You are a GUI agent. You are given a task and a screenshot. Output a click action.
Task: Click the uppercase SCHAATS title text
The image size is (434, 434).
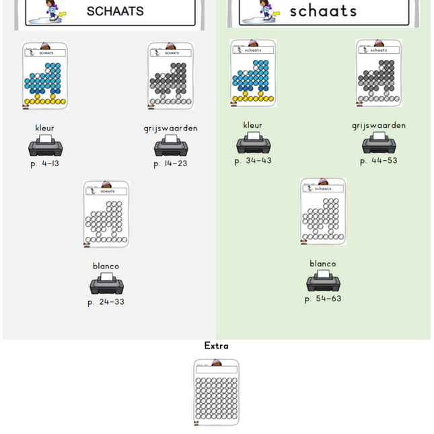click(x=115, y=11)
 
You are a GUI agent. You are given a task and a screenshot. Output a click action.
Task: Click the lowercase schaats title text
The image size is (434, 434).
click(x=323, y=11)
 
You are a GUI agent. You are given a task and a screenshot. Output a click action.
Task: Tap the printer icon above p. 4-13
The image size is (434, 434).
click(x=45, y=146)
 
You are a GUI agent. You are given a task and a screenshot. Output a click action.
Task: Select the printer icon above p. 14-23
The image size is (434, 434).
click(x=171, y=146)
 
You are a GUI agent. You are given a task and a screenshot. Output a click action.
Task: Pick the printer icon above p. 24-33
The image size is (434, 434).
click(x=106, y=284)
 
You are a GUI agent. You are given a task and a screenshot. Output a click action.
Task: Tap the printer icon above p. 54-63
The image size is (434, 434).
click(x=323, y=281)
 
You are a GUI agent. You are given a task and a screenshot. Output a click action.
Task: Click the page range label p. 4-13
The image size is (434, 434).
click(x=45, y=164)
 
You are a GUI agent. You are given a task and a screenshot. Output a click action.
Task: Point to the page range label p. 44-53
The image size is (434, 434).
click(x=379, y=161)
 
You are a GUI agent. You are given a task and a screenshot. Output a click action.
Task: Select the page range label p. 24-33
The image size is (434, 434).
click(x=106, y=302)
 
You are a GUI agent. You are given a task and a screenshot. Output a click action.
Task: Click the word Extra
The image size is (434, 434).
click(x=216, y=346)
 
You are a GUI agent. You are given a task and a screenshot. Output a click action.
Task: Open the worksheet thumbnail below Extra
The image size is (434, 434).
click(x=216, y=392)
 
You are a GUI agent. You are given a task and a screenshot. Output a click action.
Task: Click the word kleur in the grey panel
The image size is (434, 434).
click(x=45, y=128)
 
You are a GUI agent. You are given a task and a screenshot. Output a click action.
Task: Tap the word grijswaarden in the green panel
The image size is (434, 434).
click(x=379, y=125)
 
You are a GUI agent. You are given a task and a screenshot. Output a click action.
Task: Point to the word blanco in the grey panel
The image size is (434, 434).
click(x=106, y=266)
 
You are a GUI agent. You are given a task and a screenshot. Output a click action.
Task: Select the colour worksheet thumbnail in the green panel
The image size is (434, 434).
click(x=253, y=73)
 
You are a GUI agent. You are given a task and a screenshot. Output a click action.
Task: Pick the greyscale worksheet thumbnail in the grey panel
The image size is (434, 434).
click(x=171, y=76)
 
